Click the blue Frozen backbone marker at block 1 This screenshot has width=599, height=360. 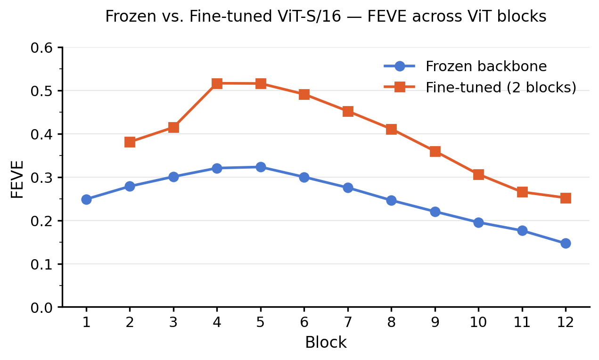pyautogui.click(x=86, y=199)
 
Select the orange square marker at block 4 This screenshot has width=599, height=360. pyautogui.click(x=217, y=83)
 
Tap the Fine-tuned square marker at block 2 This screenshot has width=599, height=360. pyautogui.click(x=130, y=142)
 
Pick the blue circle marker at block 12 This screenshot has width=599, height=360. pyautogui.click(x=566, y=243)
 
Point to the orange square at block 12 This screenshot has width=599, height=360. pyautogui.click(x=566, y=198)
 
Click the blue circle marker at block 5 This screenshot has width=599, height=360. pyautogui.click(x=261, y=167)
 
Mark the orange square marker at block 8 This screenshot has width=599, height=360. pyautogui.click(x=391, y=129)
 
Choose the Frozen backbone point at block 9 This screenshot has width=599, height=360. pyautogui.click(x=435, y=212)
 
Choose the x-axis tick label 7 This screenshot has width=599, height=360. pyautogui.click(x=348, y=323)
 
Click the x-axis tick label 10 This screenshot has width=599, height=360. pyautogui.click(x=478, y=323)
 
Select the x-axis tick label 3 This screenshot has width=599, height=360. pyautogui.click(x=173, y=323)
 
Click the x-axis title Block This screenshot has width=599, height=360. pyautogui.click(x=326, y=343)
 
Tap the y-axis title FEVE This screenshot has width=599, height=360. pyautogui.click(x=17, y=179)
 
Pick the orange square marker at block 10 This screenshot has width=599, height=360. pyautogui.click(x=478, y=174)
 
